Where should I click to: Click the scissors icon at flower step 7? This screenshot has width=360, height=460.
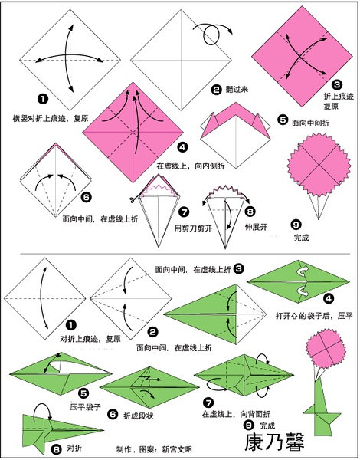click(x=133, y=200)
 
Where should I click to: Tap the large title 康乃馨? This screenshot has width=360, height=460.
click(x=274, y=442)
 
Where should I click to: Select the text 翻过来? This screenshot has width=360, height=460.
click(x=237, y=89)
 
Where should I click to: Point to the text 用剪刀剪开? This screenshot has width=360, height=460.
click(x=193, y=228)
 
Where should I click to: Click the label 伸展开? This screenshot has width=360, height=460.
click(x=257, y=226)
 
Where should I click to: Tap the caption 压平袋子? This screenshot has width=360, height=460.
click(x=85, y=406)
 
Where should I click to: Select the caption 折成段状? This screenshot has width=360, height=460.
click(x=138, y=416)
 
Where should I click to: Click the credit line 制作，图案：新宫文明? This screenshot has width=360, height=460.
click(x=154, y=449)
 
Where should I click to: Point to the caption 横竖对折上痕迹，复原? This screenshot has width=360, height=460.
click(x=50, y=118)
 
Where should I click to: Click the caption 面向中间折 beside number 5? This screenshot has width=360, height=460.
click(x=310, y=123)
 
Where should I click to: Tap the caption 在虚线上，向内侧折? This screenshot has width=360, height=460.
click(x=191, y=166)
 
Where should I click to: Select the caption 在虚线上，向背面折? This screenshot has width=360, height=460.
click(x=236, y=414)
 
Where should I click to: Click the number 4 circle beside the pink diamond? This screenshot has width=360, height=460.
click(x=182, y=147)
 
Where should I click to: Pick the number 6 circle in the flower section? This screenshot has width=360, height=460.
click(x=87, y=197)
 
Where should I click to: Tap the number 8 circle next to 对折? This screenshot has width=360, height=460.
click(x=56, y=449)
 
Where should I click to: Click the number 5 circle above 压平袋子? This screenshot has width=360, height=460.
click(x=83, y=393)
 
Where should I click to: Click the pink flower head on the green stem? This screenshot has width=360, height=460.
click(x=325, y=348)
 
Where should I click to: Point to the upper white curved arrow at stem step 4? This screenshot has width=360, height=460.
click(x=302, y=271)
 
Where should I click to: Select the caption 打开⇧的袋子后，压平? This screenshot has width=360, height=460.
click(x=314, y=316)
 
